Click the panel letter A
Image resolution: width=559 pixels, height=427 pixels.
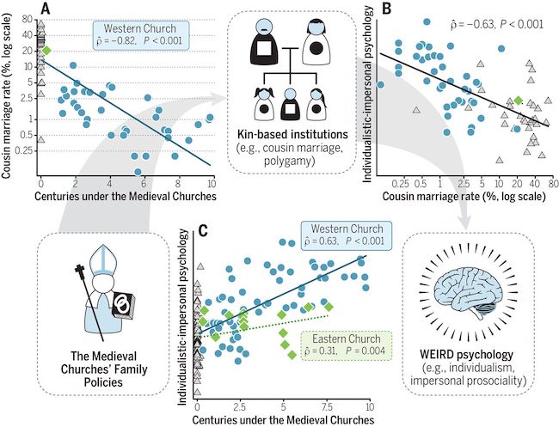[46, 9]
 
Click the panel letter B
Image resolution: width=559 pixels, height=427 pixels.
[388, 9]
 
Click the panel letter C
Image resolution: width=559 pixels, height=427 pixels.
[203, 232]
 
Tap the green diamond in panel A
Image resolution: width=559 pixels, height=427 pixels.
[46, 51]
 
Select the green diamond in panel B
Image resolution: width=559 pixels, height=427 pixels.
[519, 101]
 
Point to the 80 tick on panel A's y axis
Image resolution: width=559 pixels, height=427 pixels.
[28, 20]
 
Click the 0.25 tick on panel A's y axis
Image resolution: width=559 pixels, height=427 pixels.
[23, 150]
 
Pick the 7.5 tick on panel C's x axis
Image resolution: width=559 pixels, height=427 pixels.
[326, 406]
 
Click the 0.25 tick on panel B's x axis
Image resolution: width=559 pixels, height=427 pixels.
[401, 184]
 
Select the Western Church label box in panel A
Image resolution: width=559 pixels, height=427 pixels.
[140, 34]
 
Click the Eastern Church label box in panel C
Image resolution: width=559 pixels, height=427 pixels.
[347, 345]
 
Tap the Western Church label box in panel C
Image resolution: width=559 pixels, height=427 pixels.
[347, 235]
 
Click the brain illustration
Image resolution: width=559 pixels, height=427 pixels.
[468, 292]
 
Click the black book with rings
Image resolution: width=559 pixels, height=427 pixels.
[124, 305]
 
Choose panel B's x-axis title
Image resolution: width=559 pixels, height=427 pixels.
[464, 196]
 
